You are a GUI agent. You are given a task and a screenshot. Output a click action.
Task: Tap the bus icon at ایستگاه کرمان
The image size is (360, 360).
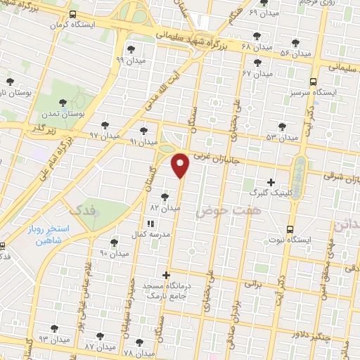tap(74, 15)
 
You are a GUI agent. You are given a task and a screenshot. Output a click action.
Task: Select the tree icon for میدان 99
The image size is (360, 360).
tap(131, 49)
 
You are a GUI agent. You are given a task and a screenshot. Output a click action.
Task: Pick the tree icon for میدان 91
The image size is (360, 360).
tap(144, 131)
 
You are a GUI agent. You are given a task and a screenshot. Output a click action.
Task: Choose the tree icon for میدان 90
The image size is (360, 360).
tap(114, 243)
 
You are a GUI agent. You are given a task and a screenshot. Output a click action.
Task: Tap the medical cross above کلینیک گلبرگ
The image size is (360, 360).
tap(271, 182)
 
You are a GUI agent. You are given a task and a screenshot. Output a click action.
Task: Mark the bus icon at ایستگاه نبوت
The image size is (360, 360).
tap(290, 229)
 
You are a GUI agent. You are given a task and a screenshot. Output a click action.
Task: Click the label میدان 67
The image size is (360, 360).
tap(257, 73)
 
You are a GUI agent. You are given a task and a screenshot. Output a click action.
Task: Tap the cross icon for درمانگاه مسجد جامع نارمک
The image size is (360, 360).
tap(166, 275)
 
